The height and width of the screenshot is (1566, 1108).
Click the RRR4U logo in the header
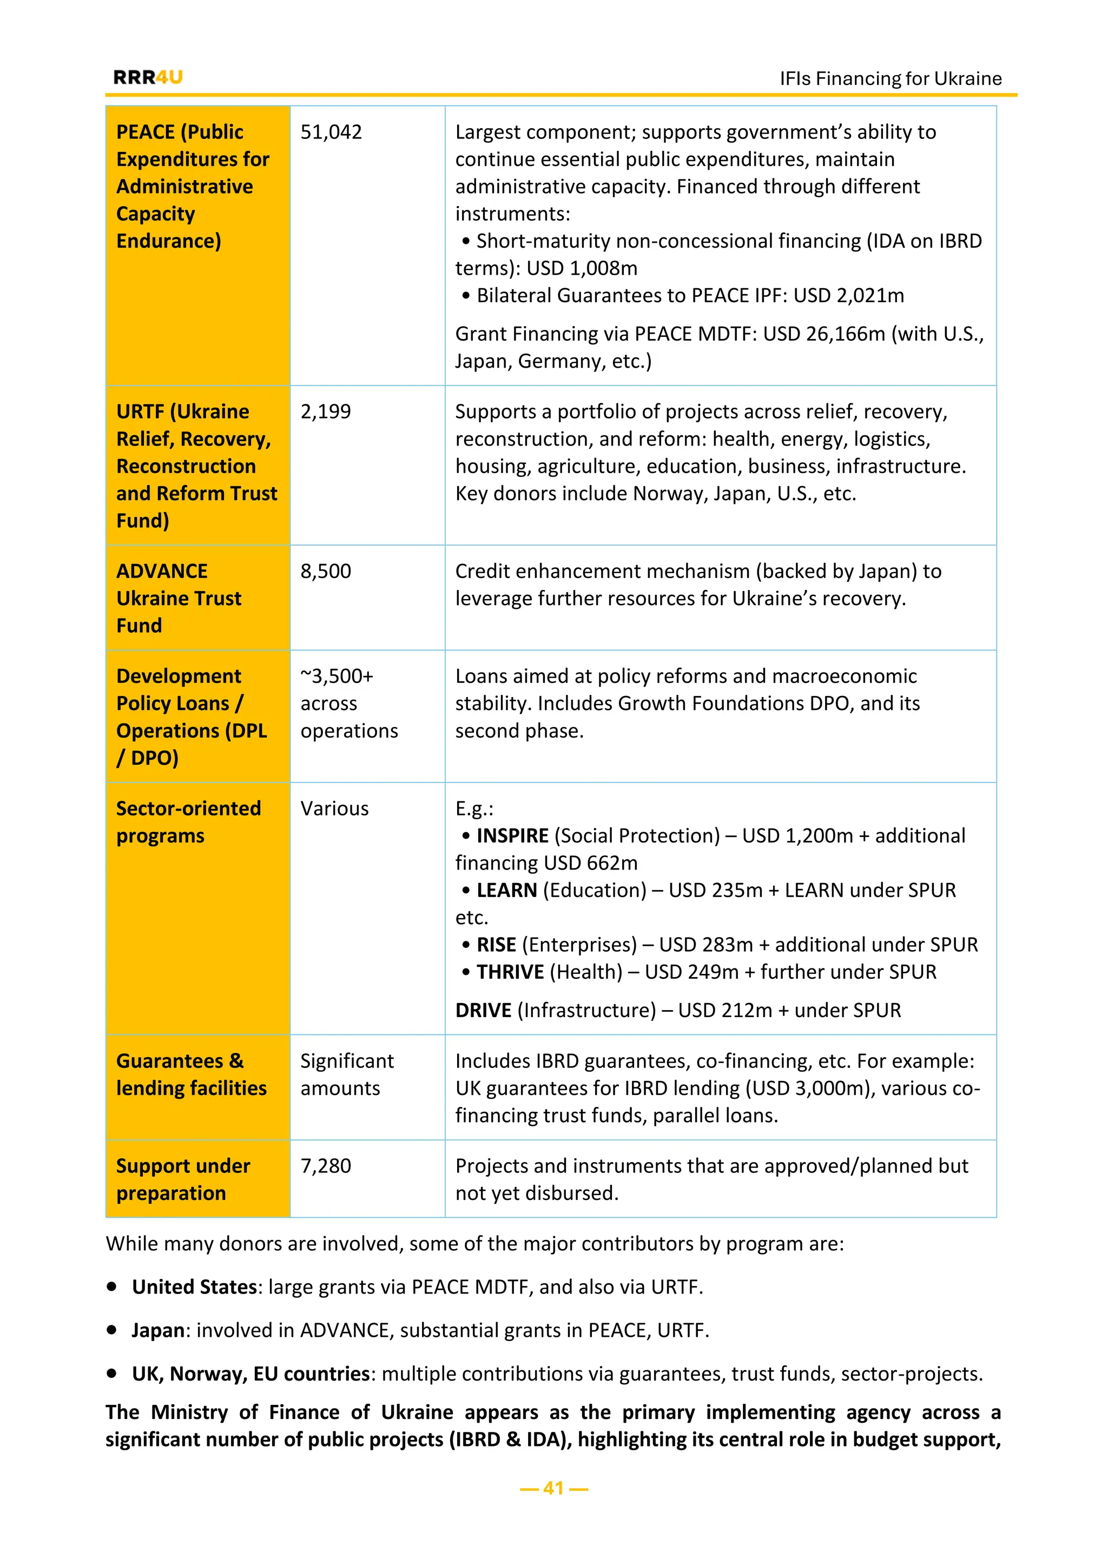click(148, 77)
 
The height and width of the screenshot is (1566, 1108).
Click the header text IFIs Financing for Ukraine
click(891, 78)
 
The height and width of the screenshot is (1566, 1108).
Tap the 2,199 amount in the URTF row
click(326, 412)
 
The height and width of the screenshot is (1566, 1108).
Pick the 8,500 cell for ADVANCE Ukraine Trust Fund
click(326, 571)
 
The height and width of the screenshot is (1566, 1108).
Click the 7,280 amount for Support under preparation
click(326, 1166)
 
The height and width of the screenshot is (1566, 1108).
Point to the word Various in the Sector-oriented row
click(334, 808)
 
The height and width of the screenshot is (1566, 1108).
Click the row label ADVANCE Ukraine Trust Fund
click(179, 598)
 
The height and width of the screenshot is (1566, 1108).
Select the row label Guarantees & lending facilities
click(191, 1074)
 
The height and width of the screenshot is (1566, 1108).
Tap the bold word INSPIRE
click(512, 835)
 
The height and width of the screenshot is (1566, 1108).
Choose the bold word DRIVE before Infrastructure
click(483, 1010)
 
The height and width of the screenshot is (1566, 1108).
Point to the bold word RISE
click(496, 945)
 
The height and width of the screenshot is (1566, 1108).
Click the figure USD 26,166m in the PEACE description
click(823, 334)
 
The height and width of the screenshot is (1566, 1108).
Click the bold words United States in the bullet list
click(194, 1287)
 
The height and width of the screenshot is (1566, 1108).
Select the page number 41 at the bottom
click(553, 1488)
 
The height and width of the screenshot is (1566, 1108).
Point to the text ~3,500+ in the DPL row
click(337, 676)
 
